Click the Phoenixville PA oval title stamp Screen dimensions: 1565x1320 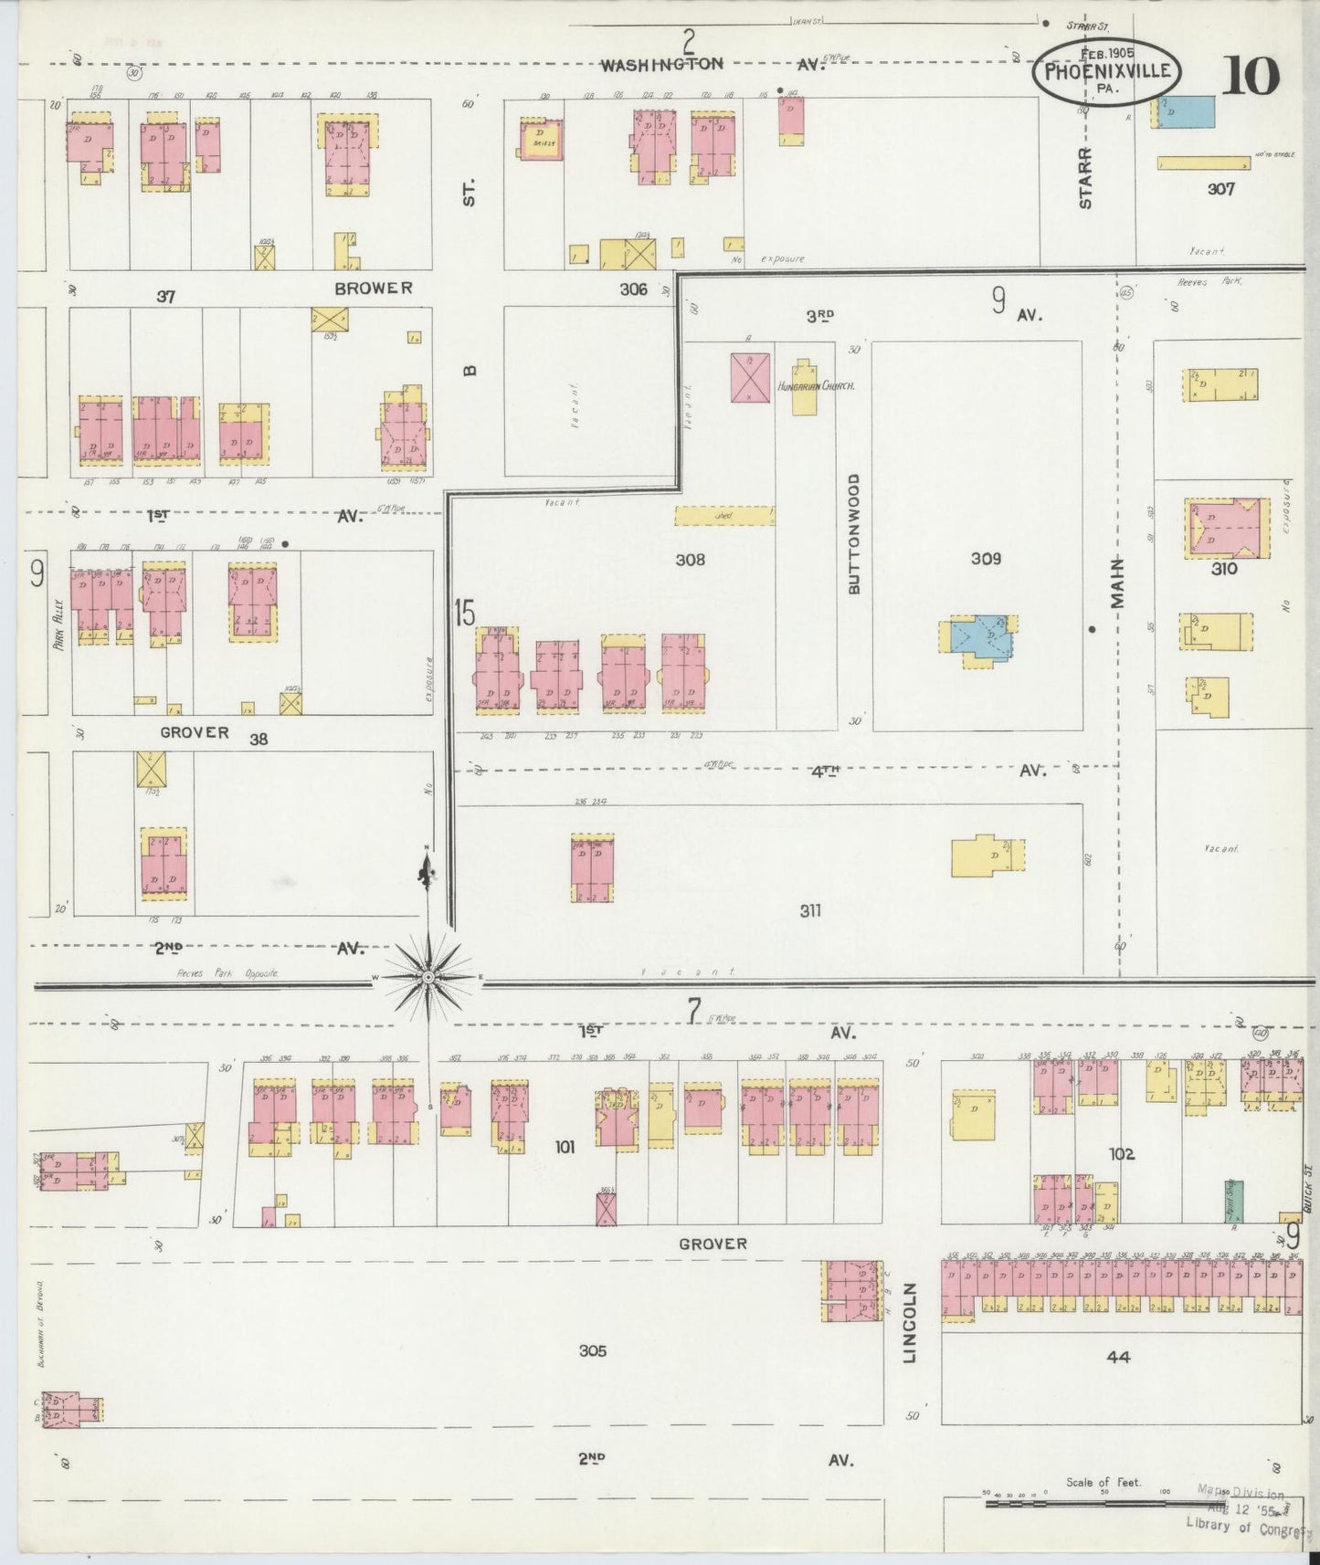(x=1106, y=72)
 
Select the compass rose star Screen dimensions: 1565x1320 (x=427, y=977)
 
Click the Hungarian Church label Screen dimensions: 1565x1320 (x=816, y=387)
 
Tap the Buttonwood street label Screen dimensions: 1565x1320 (x=854, y=534)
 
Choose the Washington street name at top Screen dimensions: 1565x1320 (x=662, y=64)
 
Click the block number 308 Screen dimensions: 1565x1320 (x=690, y=560)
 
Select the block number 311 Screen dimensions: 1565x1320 (x=809, y=910)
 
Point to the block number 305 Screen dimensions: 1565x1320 (x=592, y=1350)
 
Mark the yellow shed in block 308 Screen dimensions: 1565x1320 (x=724, y=516)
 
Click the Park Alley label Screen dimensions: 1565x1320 (x=58, y=624)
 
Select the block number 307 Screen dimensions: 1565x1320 (x=1220, y=189)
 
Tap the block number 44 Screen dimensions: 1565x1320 (x=1118, y=1357)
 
